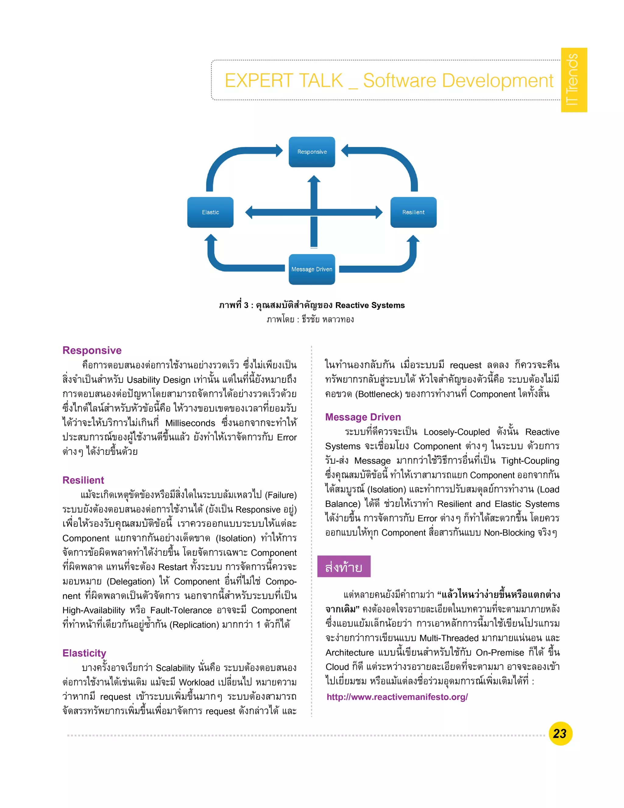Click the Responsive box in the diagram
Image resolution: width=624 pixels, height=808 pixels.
312,152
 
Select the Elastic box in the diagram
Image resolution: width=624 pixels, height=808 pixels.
210,212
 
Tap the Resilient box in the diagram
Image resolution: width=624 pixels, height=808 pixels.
413,212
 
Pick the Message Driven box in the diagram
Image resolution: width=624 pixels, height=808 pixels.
312,269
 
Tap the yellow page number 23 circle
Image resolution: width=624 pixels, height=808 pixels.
560,733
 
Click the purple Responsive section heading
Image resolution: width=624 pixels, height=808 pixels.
92,350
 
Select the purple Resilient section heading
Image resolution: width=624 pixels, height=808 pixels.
83,480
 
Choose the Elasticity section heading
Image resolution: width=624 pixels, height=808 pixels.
84,652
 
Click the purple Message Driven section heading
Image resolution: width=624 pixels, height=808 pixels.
363,417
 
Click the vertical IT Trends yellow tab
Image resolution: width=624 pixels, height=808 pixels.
573,80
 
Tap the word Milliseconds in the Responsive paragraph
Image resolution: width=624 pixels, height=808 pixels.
190,423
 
